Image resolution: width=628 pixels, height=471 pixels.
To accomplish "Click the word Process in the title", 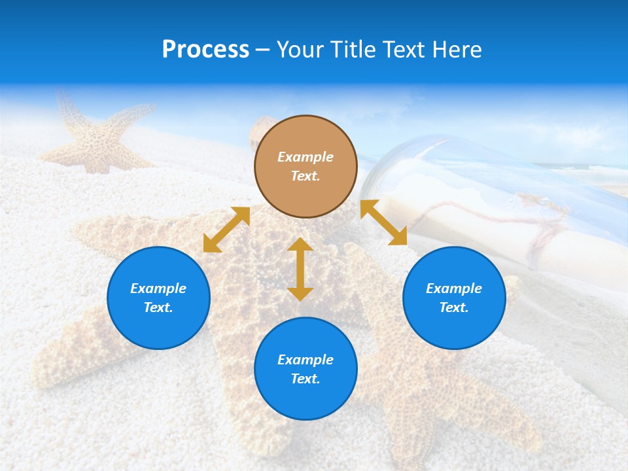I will [205, 50].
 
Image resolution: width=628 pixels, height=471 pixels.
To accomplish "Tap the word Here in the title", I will [456, 50].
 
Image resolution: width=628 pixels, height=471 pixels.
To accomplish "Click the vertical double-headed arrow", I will [300, 269].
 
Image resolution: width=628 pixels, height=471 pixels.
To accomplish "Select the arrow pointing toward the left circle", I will [226, 230].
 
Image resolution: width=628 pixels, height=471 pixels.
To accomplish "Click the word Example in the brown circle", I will [305, 157].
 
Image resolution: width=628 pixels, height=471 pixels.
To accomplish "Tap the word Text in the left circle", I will [158, 307].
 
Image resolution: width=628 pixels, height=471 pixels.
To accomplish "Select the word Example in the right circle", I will [454, 288].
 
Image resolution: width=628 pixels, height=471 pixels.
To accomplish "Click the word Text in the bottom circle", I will [305, 379].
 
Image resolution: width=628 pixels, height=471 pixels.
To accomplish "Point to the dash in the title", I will [263, 50].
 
